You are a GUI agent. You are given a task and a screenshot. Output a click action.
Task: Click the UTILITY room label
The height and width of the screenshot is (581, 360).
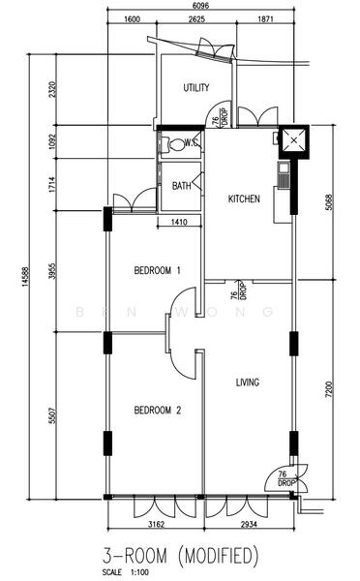coord(196,88)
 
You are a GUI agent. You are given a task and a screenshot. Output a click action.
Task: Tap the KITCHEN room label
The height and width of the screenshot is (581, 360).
coord(244,199)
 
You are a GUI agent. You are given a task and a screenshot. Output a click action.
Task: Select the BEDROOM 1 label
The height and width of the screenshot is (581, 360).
coord(158,271)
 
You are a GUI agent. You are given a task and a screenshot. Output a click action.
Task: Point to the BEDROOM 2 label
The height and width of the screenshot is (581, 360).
coord(158,410)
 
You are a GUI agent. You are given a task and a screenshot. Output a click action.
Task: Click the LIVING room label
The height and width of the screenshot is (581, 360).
coord(248,383)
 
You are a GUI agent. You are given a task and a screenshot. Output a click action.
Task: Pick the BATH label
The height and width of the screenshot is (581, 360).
coord(181,186)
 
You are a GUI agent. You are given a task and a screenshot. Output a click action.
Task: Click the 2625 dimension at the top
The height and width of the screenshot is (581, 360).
coord(196,19)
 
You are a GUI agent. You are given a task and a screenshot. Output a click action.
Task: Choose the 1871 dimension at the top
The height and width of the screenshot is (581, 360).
coord(267,19)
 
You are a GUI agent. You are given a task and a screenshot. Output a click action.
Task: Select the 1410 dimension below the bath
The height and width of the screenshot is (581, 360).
coord(179,223)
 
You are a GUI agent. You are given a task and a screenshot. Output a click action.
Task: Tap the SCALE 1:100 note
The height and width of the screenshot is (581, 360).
coord(126,573)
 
